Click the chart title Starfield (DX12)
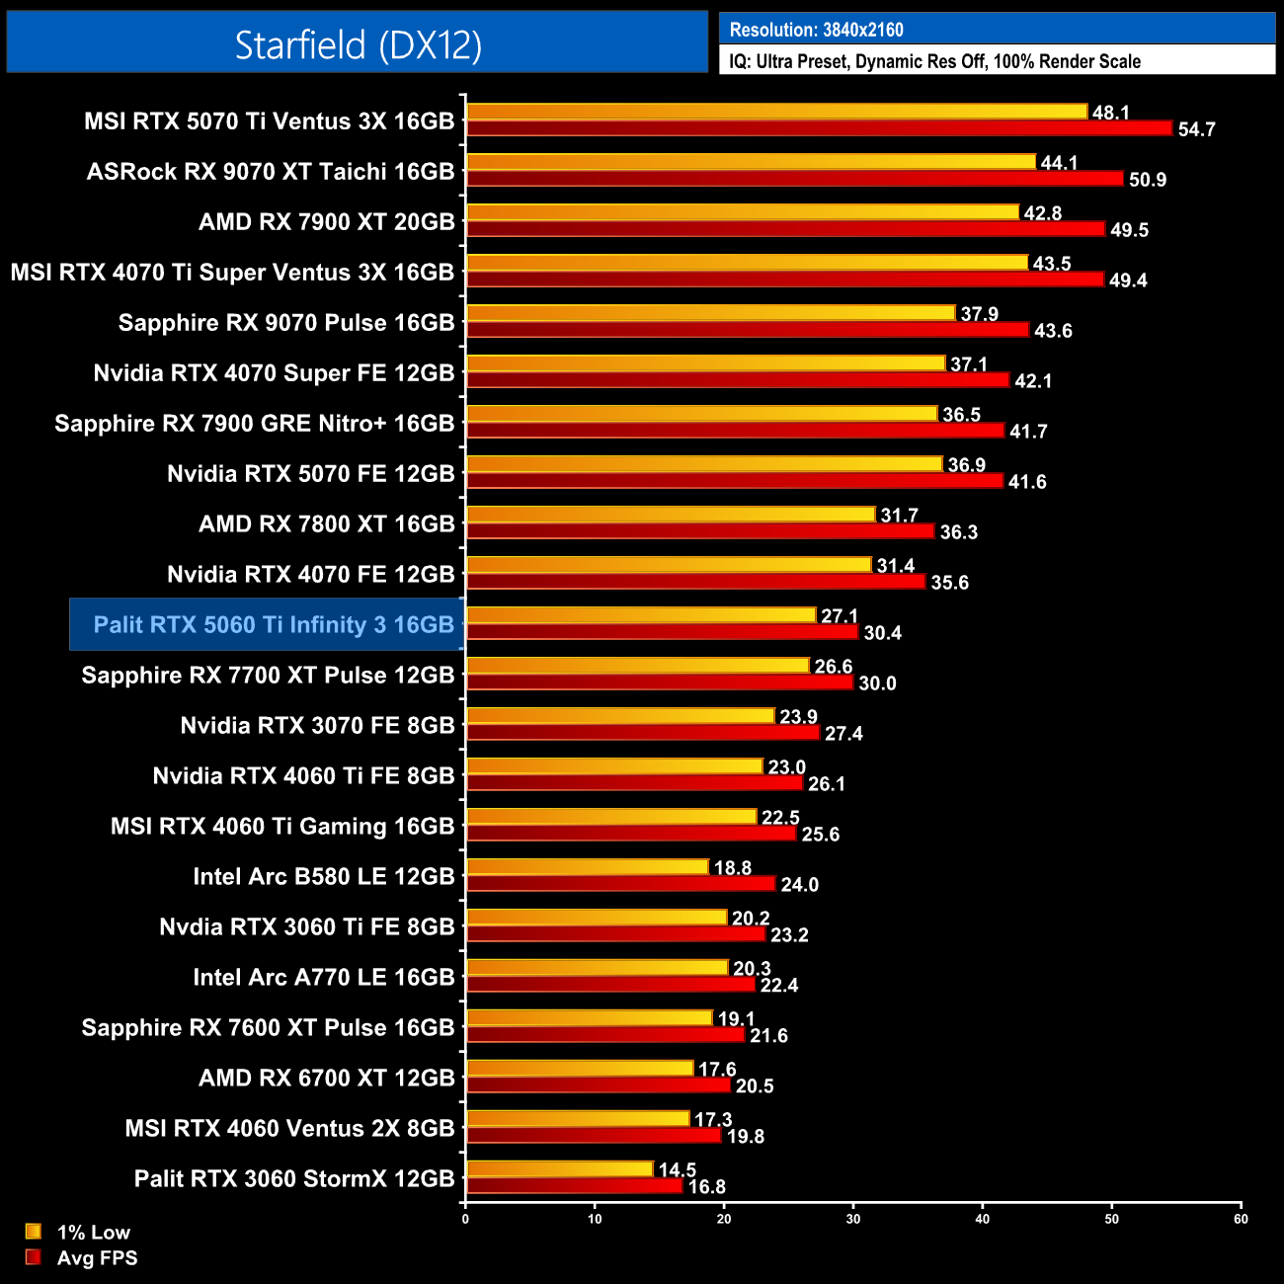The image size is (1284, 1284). pyautogui.click(x=358, y=44)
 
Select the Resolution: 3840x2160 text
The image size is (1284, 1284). pyautogui.click(x=816, y=30)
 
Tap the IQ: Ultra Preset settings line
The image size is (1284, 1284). pyautogui.click(x=934, y=61)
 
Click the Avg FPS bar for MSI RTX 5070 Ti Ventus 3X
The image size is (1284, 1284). pyautogui.click(x=819, y=128)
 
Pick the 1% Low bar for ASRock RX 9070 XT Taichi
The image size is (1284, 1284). pyautogui.click(x=751, y=162)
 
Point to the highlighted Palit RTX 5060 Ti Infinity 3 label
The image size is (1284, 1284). pyautogui.click(x=273, y=624)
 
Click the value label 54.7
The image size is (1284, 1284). pyautogui.click(x=1196, y=129)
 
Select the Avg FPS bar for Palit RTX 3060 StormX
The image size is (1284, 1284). pyautogui.click(x=574, y=1185)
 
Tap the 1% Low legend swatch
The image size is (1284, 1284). pyautogui.click(x=34, y=1232)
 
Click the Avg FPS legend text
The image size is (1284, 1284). pyautogui.click(x=97, y=1257)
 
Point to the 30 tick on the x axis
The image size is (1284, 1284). pyautogui.click(x=853, y=1219)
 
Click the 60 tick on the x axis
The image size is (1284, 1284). pyautogui.click(x=1241, y=1219)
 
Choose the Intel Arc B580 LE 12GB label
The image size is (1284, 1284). pyautogui.click(x=323, y=876)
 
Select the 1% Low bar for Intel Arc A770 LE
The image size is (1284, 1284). pyautogui.click(x=597, y=968)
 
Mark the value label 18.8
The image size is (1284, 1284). pyautogui.click(x=732, y=868)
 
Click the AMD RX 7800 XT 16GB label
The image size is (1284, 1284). pyautogui.click(x=326, y=523)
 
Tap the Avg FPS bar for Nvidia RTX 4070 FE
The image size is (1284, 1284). pyautogui.click(x=695, y=582)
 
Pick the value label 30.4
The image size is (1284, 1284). pyautogui.click(x=882, y=633)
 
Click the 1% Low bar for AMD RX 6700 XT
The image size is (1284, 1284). pyautogui.click(x=580, y=1069)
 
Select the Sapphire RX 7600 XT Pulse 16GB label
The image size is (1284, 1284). pyautogui.click(x=268, y=1027)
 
